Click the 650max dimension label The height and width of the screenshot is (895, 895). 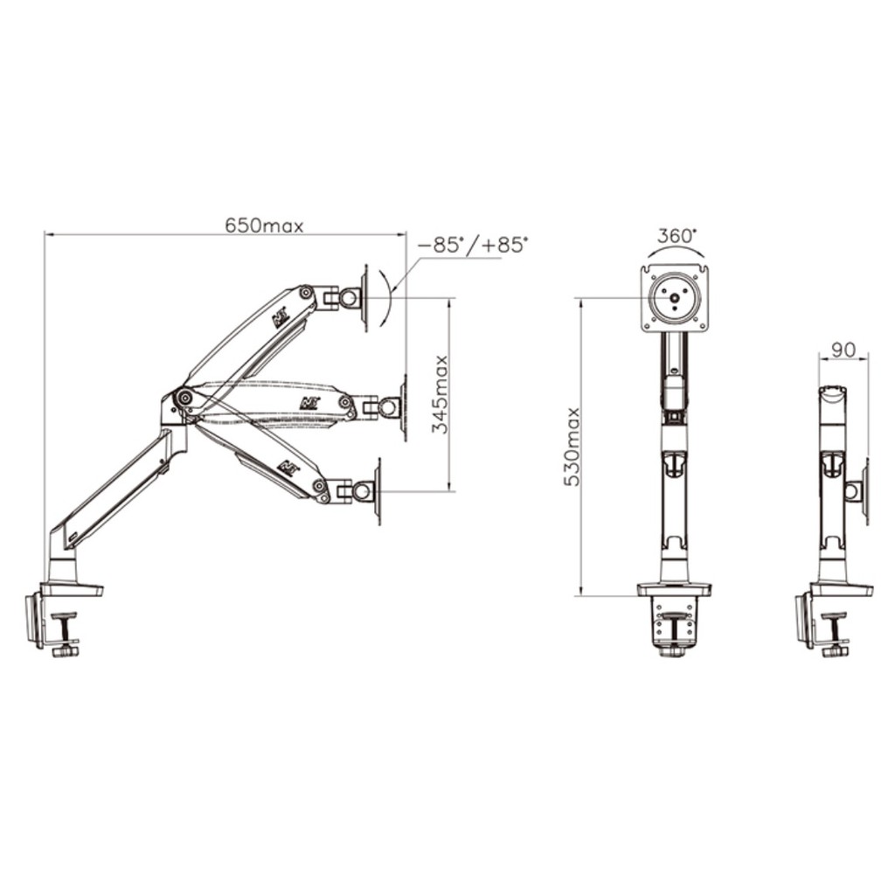coord(264,225)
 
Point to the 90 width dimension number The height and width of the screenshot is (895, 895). coord(843,350)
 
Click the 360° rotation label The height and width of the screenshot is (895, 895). coord(677,236)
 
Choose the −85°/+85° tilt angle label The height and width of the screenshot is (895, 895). coord(474,246)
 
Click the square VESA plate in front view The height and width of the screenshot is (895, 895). coord(675,299)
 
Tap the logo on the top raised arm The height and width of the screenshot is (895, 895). coord(281,316)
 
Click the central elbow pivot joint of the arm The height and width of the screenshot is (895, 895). coord(184,398)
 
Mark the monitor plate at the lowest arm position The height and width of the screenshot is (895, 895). coord(378,491)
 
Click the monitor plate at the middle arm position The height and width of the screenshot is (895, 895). coord(403,406)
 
